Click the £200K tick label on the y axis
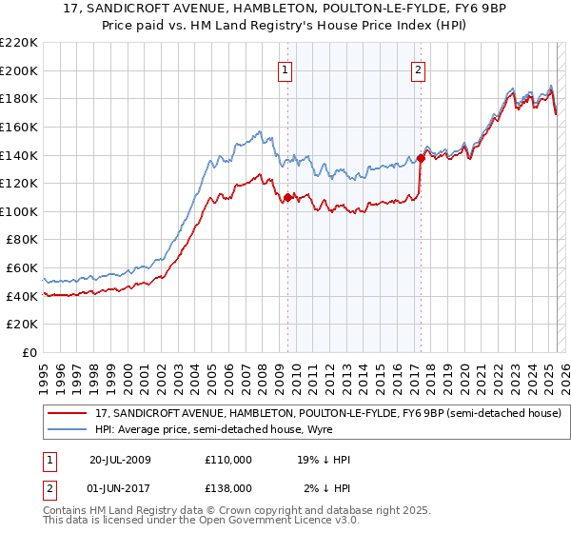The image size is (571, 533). click(20, 70)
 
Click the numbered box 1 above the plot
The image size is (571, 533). click(286, 68)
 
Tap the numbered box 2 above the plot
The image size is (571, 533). click(419, 68)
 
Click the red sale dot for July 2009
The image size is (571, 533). click(287, 198)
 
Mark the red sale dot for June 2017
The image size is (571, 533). click(420, 158)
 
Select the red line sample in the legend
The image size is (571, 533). click(68, 413)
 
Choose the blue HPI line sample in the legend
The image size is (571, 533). click(68, 429)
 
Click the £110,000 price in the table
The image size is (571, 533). click(228, 460)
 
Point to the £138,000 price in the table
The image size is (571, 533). click(228, 487)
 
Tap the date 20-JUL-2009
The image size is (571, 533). click(120, 460)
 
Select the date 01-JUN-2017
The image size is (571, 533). click(120, 487)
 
